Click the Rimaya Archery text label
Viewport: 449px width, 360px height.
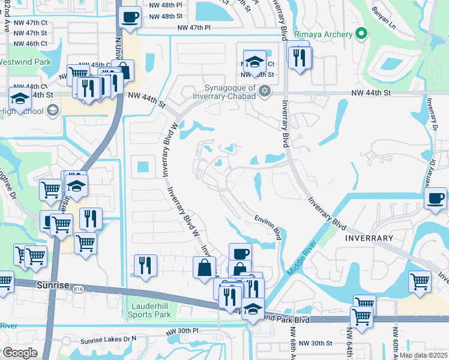(x=323, y=34)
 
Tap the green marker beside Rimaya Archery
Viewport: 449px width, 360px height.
(x=360, y=34)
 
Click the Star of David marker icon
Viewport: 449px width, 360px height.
(x=265, y=91)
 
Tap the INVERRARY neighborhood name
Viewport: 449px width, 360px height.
(x=369, y=238)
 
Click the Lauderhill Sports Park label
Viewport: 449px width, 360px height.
(x=151, y=310)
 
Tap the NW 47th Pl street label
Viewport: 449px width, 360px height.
(x=194, y=28)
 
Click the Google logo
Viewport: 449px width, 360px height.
(x=20, y=353)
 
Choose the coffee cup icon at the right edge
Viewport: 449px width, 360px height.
(x=435, y=197)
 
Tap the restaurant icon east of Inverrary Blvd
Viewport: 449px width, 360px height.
(x=298, y=57)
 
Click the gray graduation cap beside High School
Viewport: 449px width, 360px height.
(x=52, y=110)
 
